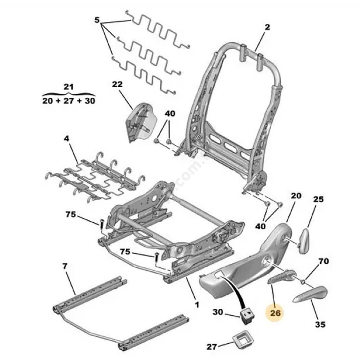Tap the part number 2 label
tap(267, 27)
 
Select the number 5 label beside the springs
tap(97, 21)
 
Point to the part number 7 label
tap(65, 266)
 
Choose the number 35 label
tap(320, 324)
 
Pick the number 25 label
tap(318, 199)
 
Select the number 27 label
tap(212, 347)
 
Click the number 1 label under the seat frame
tap(197, 304)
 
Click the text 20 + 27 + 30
tap(68, 101)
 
